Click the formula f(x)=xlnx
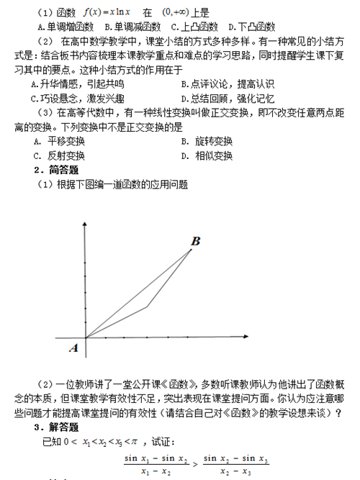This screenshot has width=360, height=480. pyautogui.click(x=107, y=12)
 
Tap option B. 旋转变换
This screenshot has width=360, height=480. pyautogui.click(x=207, y=141)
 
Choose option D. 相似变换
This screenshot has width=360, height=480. pyautogui.click(x=207, y=155)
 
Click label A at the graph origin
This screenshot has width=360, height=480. pyautogui.click(x=72, y=348)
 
